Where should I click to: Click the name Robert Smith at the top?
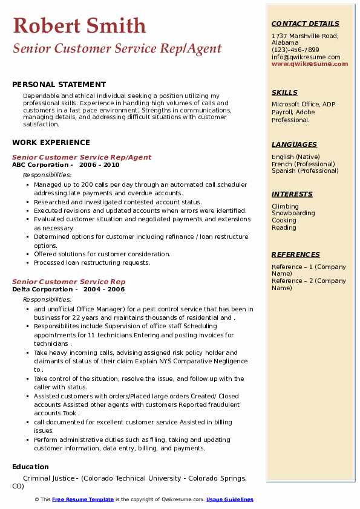point(79,25)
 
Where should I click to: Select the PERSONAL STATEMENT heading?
point(59,85)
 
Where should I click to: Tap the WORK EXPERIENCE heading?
point(51,143)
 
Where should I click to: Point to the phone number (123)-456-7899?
point(295,50)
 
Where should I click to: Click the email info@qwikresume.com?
point(306,57)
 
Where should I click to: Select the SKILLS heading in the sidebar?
point(284,92)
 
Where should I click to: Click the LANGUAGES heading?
point(294,144)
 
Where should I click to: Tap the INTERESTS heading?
point(292,194)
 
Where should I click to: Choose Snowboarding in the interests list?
point(293,213)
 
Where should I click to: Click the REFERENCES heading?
point(296,254)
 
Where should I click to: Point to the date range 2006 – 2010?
point(99,165)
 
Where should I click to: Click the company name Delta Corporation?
point(42,290)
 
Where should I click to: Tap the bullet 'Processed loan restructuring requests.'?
point(92,263)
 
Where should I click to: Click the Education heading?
point(30,467)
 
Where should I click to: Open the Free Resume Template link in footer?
point(83,500)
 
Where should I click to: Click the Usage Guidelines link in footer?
point(230,500)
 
